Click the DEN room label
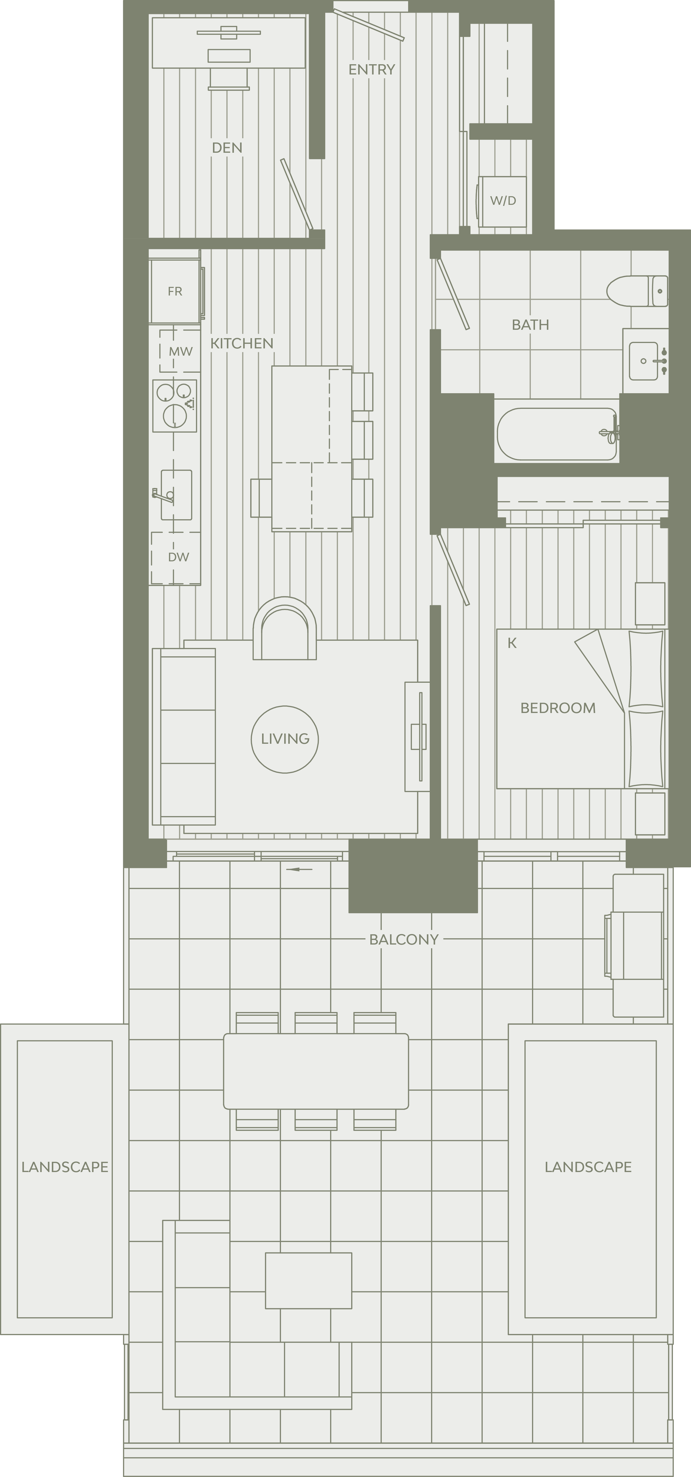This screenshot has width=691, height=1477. [227, 148]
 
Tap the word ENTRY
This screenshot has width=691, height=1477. [372, 69]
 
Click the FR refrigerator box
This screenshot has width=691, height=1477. [175, 291]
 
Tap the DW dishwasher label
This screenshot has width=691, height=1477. [178, 557]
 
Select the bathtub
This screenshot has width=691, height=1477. [557, 434]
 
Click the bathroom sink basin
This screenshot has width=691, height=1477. [643, 361]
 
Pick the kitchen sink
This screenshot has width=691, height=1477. [177, 495]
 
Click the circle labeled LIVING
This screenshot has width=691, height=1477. [285, 739]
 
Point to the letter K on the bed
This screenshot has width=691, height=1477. [512, 643]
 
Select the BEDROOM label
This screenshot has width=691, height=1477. [558, 708]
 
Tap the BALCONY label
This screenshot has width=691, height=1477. [404, 939]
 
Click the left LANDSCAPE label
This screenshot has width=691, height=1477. [65, 1167]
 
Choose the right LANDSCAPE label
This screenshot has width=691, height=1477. [588, 1167]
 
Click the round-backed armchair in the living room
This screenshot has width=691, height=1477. [285, 628]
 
